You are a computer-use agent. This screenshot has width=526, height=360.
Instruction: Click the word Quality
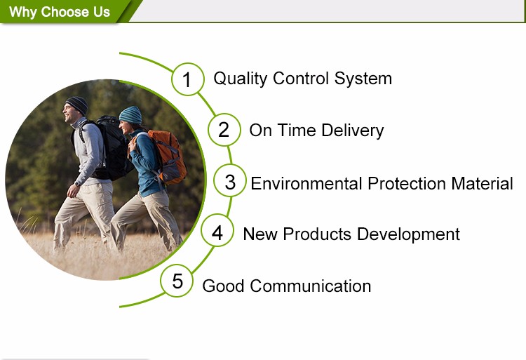240,79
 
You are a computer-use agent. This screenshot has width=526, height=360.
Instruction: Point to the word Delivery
353,131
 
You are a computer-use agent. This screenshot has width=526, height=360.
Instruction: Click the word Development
408,234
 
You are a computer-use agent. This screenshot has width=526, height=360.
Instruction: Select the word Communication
310,286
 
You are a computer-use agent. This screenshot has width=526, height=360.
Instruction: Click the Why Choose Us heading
60,12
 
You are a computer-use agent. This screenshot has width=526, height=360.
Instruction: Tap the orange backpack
168,157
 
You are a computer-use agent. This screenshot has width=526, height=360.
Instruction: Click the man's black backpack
111,147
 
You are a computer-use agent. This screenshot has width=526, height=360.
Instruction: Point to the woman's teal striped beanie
130,115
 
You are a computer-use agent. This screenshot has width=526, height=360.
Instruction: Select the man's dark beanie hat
77,105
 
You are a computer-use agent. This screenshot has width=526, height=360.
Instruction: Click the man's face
69,113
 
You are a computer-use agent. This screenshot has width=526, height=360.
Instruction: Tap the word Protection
407,184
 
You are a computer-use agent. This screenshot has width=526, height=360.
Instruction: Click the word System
363,79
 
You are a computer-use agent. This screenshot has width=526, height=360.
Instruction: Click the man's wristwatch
77,184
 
